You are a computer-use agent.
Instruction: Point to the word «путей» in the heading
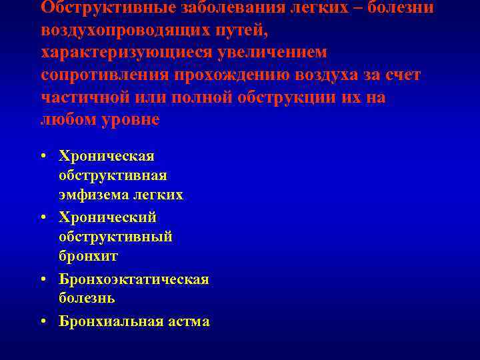point(246,31)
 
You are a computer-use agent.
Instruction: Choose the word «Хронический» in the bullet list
point(107,217)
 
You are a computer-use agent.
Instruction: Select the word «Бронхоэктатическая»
point(133,279)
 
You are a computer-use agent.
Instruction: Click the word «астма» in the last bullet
point(189,321)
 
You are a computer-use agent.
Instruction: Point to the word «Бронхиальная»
point(111,321)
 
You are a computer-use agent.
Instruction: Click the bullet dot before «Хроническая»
point(43,157)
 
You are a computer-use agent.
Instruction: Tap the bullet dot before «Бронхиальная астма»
point(43,322)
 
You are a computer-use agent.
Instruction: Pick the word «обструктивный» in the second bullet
point(115,237)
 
